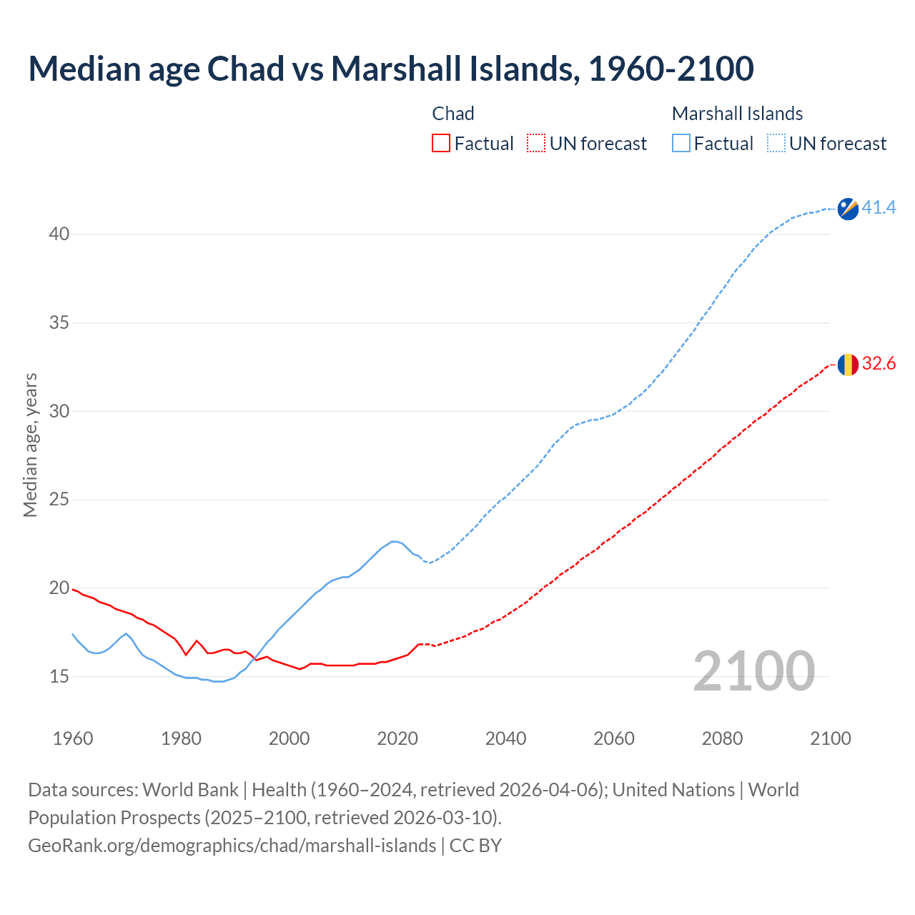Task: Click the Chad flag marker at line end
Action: (x=848, y=365)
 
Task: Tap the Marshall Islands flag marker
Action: (x=848, y=209)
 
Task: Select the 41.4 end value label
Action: (x=879, y=208)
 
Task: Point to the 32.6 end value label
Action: (x=879, y=364)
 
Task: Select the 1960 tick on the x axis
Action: (x=73, y=738)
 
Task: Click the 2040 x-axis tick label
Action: (x=505, y=738)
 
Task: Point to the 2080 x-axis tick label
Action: (x=722, y=738)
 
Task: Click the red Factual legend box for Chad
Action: (x=441, y=144)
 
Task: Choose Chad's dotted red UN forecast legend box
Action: (x=536, y=144)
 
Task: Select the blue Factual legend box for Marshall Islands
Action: (x=681, y=144)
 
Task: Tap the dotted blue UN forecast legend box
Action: (x=776, y=144)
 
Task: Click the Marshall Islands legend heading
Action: (x=737, y=114)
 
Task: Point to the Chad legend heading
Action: (x=453, y=114)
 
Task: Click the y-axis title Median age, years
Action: (x=30, y=445)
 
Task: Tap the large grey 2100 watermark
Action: (x=753, y=671)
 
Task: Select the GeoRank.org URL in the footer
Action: (x=232, y=846)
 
